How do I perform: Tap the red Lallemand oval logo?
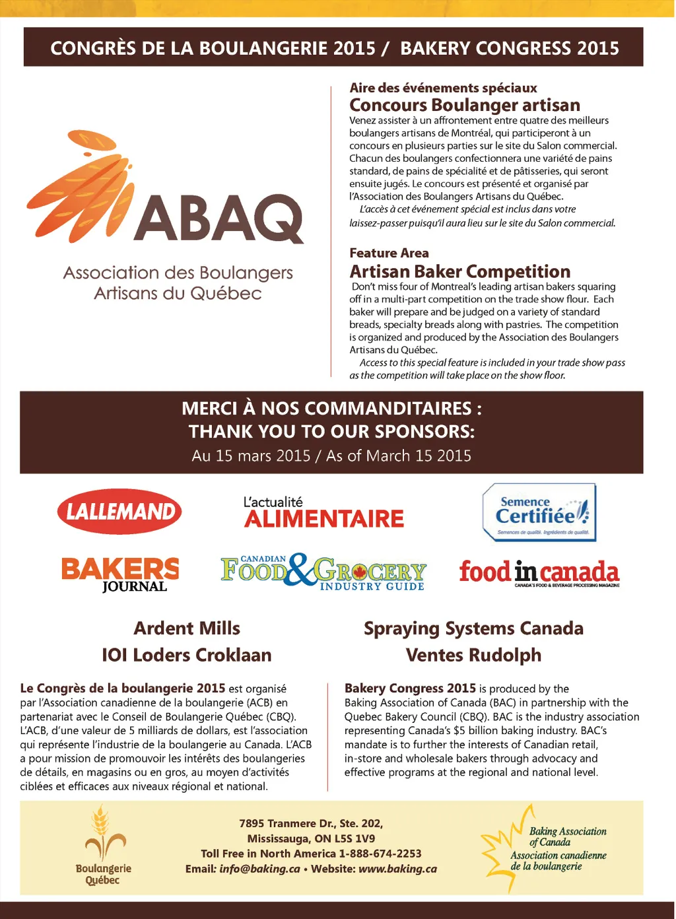[x=119, y=512]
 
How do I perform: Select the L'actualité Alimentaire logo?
[x=323, y=513]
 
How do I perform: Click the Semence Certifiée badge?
[x=539, y=512]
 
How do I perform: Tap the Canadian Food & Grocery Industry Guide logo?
[x=323, y=572]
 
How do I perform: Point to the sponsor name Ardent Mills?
[x=187, y=628]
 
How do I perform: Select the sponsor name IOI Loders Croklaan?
[x=187, y=655]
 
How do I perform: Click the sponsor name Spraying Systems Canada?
[x=473, y=628]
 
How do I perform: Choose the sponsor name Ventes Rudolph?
[x=473, y=655]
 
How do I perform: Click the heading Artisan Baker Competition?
[x=459, y=271]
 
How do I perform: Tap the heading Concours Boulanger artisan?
[x=464, y=105]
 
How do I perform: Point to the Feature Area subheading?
[x=389, y=253]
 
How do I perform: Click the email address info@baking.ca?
[x=259, y=869]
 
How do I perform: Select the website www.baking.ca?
[x=397, y=869]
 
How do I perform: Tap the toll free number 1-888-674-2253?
[x=380, y=854]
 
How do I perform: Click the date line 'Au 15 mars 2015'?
[x=251, y=456]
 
